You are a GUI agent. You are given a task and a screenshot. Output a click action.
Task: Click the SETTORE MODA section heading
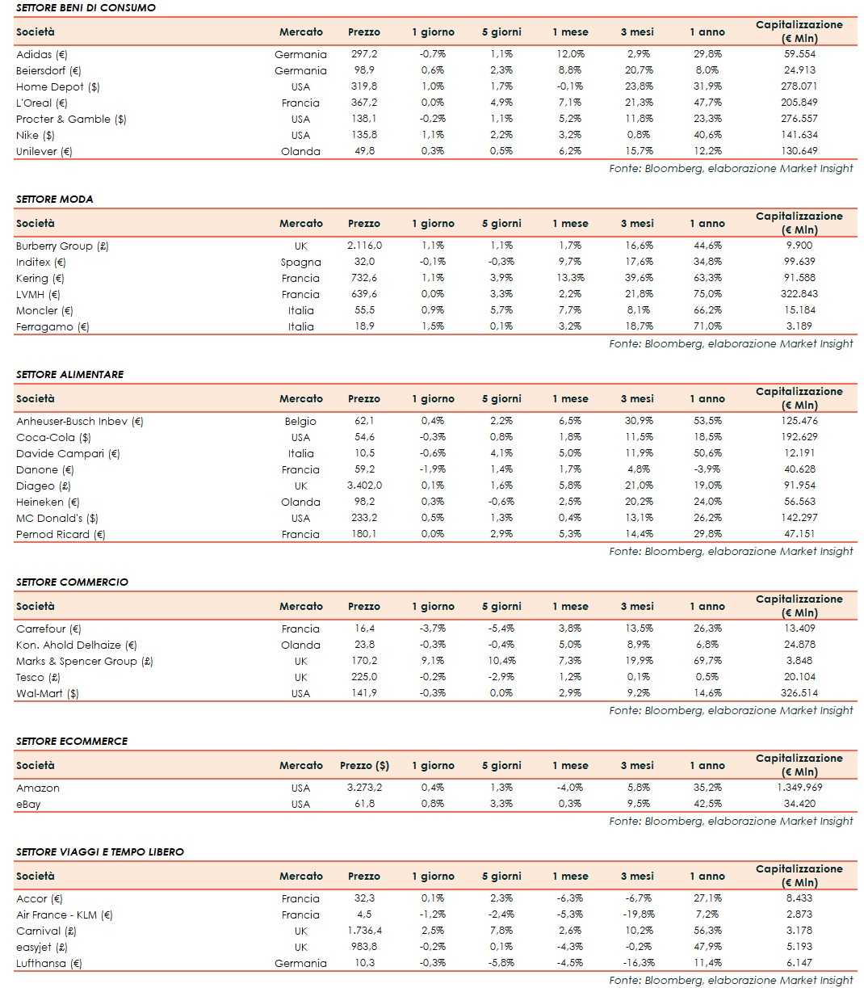(x=54, y=199)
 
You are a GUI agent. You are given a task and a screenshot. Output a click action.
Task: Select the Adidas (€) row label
(x=42, y=54)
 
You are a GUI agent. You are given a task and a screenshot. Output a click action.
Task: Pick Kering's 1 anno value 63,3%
(x=707, y=278)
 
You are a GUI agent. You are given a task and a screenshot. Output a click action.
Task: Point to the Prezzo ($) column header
(x=364, y=765)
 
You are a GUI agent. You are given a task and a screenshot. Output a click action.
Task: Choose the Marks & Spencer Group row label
(x=85, y=661)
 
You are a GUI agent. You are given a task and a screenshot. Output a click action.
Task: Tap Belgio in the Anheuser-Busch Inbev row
(x=300, y=421)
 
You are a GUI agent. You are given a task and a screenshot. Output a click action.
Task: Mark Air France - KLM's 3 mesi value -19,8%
(x=637, y=914)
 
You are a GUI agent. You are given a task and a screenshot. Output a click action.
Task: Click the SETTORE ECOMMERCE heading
(x=72, y=741)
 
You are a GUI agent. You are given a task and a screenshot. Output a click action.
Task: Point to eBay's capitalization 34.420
(x=799, y=804)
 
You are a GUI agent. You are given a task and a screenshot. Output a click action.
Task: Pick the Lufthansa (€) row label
(x=49, y=963)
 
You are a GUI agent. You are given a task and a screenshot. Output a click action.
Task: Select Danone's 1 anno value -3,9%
(x=707, y=469)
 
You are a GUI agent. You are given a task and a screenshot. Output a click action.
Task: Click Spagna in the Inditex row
(x=300, y=262)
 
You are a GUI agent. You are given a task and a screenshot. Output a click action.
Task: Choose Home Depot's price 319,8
(x=364, y=86)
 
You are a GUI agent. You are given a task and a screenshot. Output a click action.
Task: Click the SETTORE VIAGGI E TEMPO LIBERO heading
(x=100, y=851)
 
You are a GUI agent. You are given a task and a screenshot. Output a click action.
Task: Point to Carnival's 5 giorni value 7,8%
(x=501, y=931)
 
